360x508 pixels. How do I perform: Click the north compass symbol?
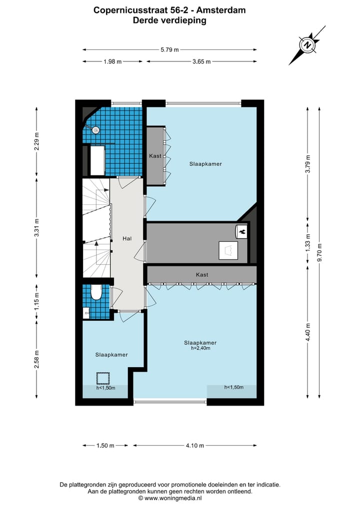pos(307,45)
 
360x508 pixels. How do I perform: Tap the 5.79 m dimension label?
pos(169,49)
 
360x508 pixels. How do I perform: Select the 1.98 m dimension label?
pos(113,61)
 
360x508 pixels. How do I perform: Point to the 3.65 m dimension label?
pos(201,61)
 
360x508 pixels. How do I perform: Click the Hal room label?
pos(127,239)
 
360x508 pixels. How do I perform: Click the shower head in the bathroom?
pos(96,129)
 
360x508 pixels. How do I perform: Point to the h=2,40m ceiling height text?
pos(200,348)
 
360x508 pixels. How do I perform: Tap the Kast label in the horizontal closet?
pos(202,275)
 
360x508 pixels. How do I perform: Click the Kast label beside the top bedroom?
pos(155,156)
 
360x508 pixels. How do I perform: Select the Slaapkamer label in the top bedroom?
pos(205,164)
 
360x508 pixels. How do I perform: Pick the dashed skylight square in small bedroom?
pos(103,378)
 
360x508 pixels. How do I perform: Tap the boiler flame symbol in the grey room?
pos(241,231)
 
